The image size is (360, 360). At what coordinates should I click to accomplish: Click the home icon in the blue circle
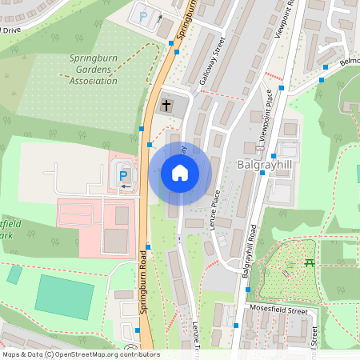point(180,173)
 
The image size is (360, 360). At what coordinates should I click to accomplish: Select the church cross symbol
point(166,104)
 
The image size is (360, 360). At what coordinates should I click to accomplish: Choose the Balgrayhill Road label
point(250,251)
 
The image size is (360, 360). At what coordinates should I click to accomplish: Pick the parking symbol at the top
point(144,15)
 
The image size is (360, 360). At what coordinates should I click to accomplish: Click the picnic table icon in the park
point(310,263)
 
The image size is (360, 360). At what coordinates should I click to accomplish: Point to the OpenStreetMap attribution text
point(80,354)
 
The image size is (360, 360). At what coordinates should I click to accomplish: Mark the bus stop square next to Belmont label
point(324,79)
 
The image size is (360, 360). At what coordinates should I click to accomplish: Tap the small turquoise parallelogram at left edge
point(14,274)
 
